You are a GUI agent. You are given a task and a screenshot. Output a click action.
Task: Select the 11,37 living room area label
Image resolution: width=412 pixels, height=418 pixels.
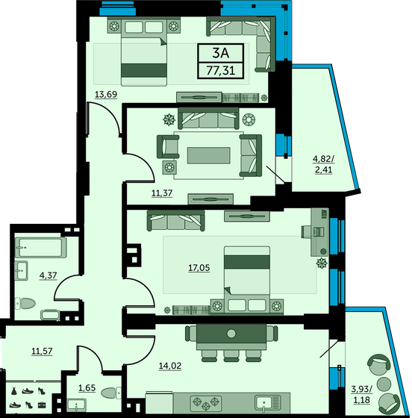162,193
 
